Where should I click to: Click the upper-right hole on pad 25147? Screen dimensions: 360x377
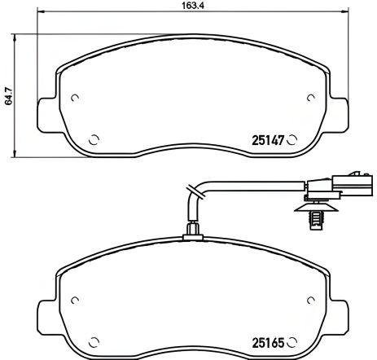pos(310,99)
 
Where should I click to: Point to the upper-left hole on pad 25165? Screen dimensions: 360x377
pos(75,296)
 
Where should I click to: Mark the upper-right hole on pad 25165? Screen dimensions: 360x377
pos(310,296)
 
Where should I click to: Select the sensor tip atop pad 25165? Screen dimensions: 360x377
pos(192,231)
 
